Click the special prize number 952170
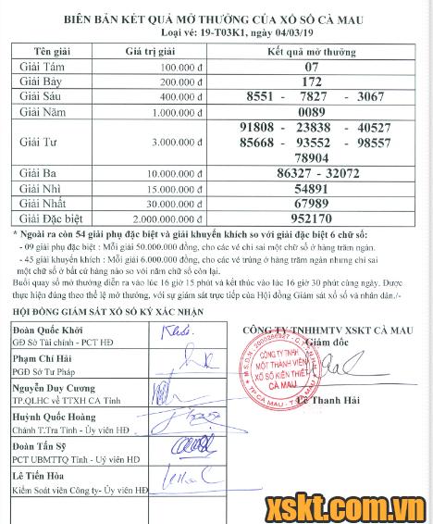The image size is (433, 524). tap(317, 220)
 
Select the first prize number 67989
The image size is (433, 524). tap(317, 203)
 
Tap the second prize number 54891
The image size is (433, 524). tap(317, 188)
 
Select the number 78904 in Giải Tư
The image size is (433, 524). tap(317, 158)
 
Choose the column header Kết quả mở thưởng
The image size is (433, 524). tap(317, 52)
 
